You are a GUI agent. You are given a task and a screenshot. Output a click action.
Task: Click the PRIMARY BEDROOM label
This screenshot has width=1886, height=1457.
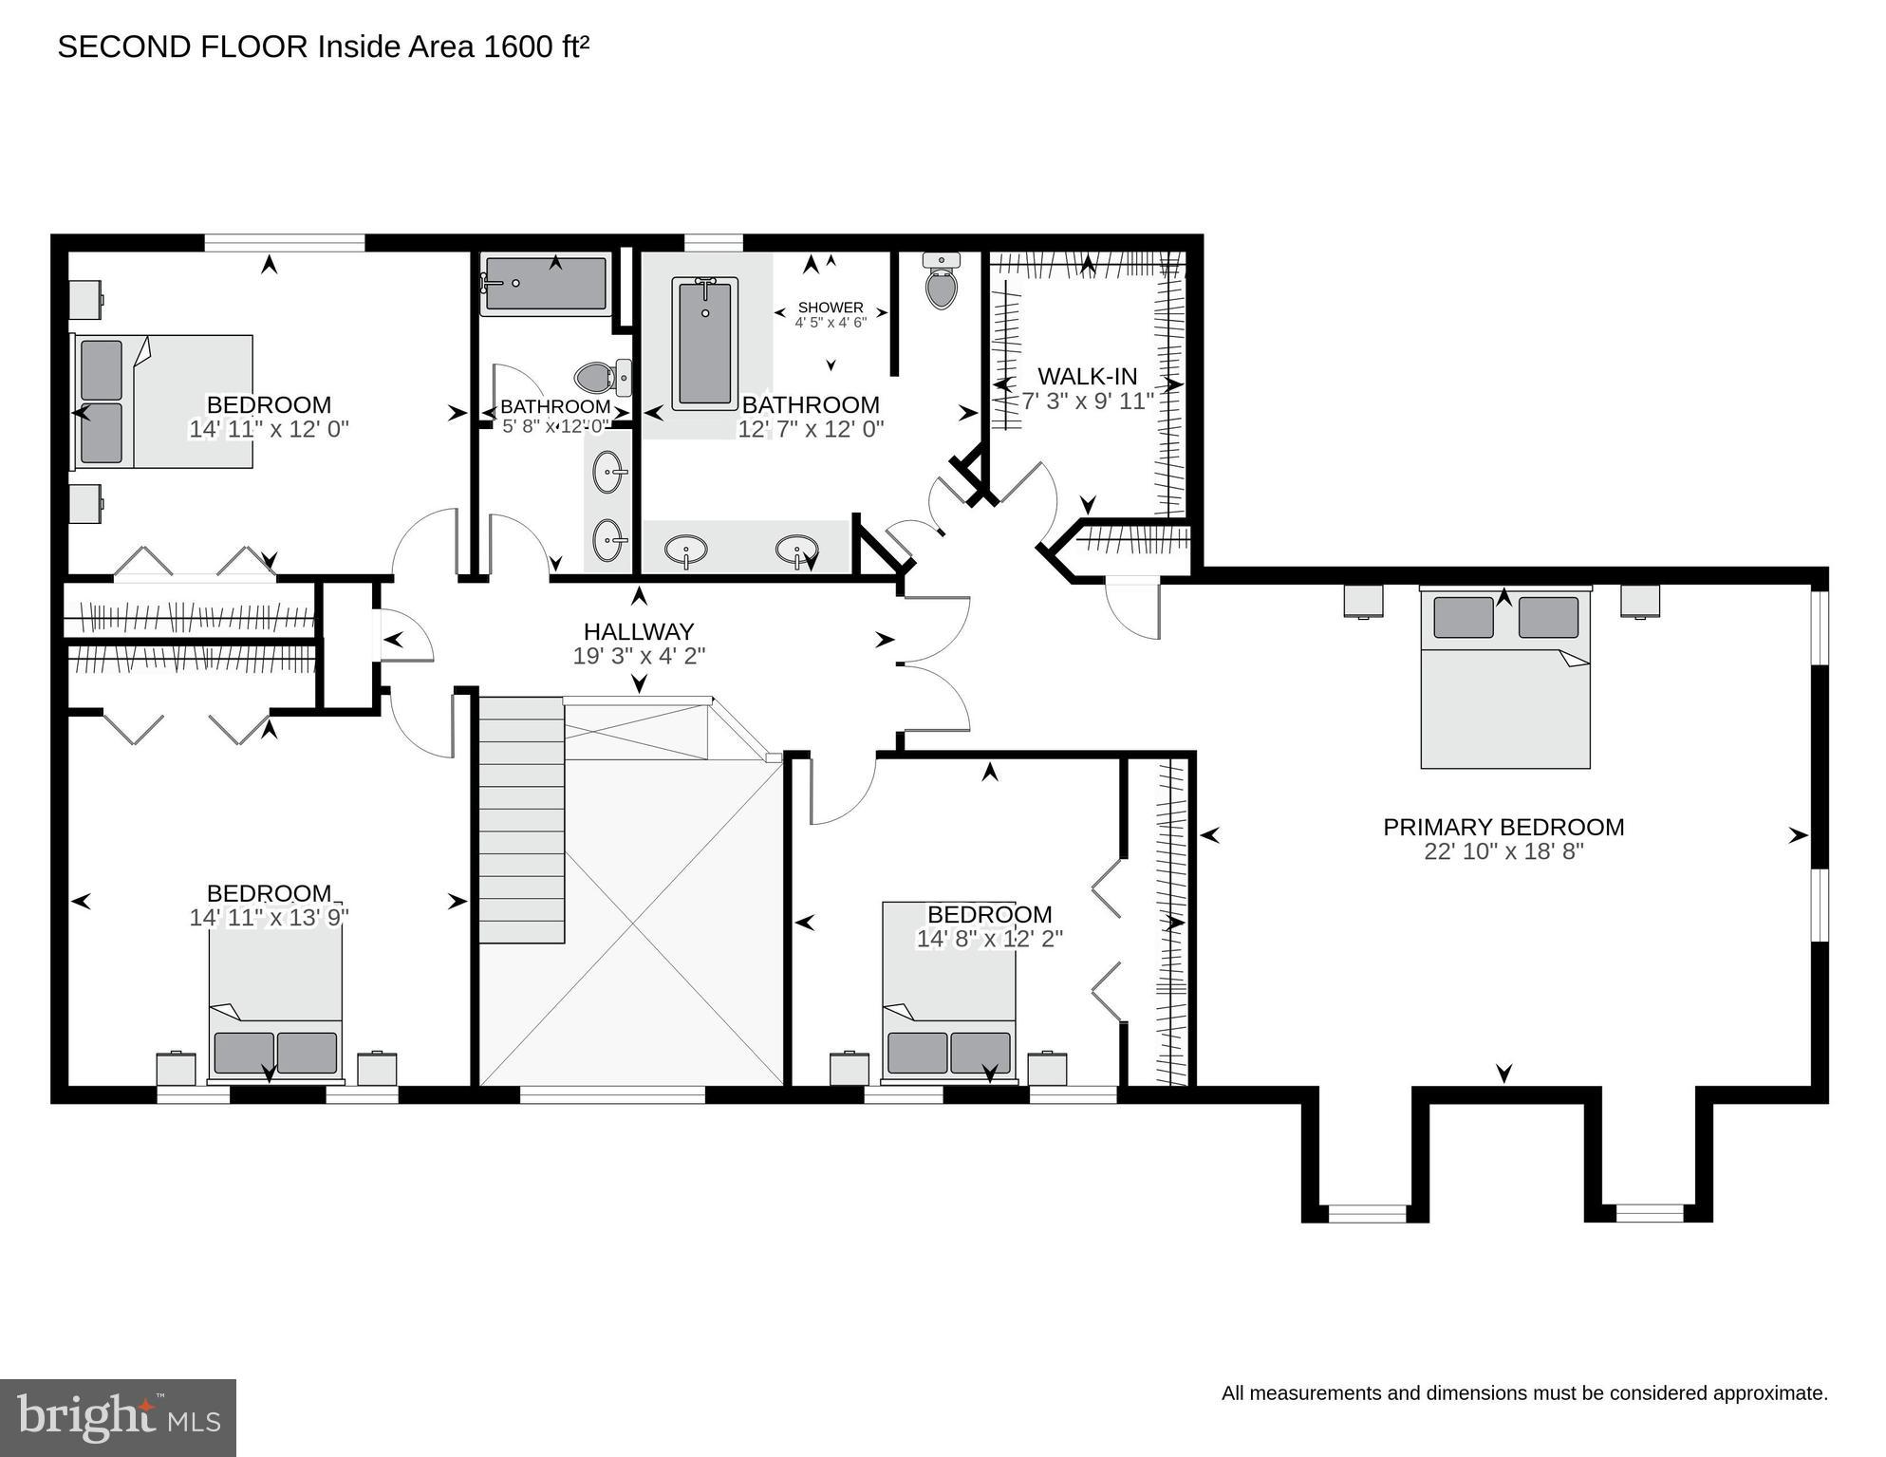(1503, 827)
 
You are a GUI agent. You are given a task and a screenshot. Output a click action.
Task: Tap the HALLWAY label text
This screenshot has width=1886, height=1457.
(639, 631)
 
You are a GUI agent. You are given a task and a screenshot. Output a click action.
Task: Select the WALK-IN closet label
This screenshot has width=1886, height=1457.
(1087, 377)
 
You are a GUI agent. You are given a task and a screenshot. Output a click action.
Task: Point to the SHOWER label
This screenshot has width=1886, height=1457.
(831, 308)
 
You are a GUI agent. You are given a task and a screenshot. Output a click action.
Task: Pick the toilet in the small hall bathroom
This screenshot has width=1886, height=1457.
(604, 378)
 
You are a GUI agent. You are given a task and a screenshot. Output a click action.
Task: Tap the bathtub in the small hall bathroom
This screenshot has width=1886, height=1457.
(544, 283)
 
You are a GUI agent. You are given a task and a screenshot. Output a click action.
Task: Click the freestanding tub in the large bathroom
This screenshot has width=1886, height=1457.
(704, 344)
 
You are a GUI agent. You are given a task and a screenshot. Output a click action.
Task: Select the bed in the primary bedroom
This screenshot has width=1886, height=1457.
(1504, 678)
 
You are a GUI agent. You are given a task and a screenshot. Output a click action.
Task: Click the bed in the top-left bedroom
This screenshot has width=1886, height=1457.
(163, 401)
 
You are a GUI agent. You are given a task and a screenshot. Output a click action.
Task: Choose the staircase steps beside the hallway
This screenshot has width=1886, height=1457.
(521, 820)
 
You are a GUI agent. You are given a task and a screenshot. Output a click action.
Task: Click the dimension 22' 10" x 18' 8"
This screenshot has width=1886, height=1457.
(1503, 851)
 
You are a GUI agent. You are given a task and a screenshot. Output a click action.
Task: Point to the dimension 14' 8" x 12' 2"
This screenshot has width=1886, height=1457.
(989, 939)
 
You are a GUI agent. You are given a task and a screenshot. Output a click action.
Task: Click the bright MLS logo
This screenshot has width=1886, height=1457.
(118, 1417)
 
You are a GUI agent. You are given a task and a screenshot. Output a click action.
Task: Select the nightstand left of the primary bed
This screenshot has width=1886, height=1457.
(1364, 602)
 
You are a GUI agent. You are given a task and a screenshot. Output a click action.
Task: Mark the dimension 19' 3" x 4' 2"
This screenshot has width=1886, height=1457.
(639, 656)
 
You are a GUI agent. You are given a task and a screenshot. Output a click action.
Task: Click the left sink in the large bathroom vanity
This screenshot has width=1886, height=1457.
(685, 550)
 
